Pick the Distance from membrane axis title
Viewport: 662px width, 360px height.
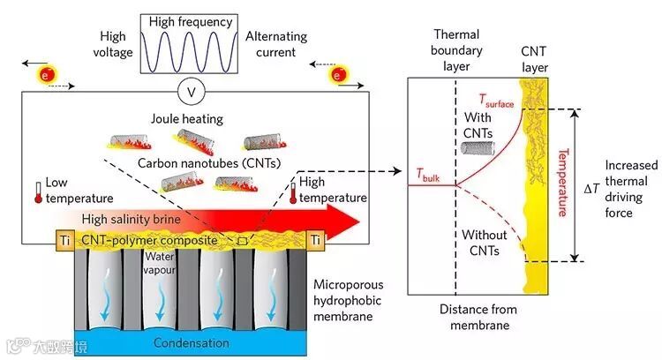[x=478, y=318]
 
